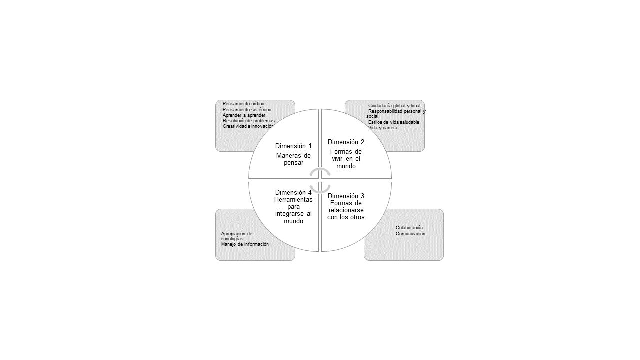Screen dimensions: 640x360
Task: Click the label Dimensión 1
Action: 293,146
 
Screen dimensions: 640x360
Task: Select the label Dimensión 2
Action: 346,142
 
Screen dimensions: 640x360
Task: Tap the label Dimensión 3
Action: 346,196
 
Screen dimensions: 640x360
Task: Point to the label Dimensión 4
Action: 293,192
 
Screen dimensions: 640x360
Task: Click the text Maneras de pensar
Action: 293,159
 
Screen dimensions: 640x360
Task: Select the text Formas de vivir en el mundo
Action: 346,159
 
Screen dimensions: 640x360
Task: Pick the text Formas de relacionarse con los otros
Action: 346,210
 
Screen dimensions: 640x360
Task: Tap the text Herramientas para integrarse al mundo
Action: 293,210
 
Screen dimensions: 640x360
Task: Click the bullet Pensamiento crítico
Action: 243,104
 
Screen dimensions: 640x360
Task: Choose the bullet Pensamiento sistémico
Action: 247,110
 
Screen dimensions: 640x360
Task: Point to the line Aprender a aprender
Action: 244,115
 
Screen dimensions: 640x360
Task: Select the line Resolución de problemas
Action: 248,121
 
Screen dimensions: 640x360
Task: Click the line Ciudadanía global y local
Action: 395,106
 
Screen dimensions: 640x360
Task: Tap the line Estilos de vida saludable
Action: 394,122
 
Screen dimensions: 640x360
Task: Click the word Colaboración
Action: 409,228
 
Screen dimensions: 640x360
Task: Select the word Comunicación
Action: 410,234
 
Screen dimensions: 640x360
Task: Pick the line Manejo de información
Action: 245,244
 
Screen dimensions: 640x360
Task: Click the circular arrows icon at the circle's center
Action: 320,180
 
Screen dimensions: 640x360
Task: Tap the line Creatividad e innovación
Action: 248,126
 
